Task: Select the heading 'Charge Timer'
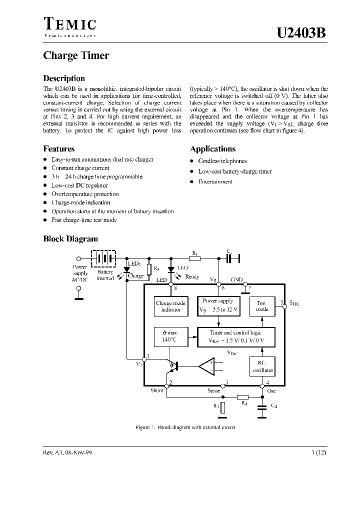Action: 76,55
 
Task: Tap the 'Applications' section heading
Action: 212,149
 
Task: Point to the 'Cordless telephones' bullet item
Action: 222,161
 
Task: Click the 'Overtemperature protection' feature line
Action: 85,194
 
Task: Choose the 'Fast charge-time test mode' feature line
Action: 84,220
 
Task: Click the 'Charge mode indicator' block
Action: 170,306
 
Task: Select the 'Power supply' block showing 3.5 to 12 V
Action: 219,305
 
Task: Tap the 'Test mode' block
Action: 262,306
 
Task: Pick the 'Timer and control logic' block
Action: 234,336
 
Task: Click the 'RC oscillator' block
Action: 262,367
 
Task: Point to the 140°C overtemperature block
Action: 169,336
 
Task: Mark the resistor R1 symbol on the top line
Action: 195,258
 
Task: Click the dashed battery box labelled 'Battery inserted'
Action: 104,259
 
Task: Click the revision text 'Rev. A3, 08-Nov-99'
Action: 67,451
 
